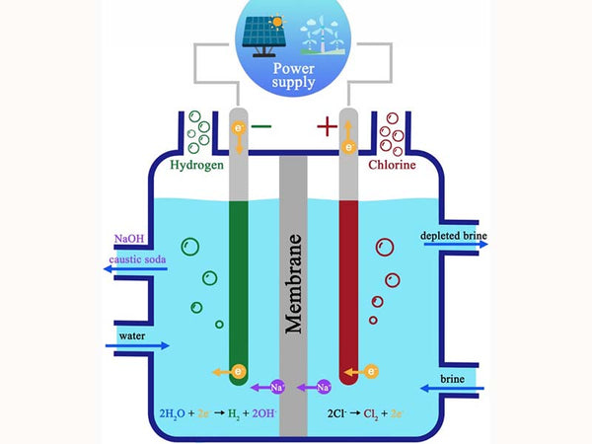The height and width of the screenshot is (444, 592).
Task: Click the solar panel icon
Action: [261, 33]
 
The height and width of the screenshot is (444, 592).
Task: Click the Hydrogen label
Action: [199, 166]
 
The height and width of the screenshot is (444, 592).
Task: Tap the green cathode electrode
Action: [237, 286]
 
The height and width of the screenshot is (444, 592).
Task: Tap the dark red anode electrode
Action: [347, 286]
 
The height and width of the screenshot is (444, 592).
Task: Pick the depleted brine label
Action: [454, 235]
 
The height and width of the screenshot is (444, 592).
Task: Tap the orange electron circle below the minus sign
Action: [237, 128]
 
